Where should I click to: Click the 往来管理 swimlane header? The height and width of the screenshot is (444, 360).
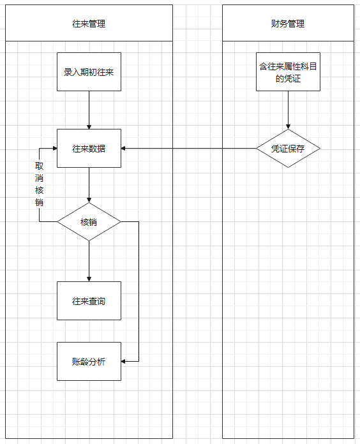coord(89,24)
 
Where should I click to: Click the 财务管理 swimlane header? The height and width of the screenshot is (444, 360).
coord(288,24)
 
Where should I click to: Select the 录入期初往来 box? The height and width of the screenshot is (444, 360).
coord(89,72)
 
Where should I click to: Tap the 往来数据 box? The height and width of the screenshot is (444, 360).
coord(89,149)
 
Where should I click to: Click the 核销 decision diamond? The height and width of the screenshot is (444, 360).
coord(89,222)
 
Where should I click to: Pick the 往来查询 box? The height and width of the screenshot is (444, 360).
coord(89,300)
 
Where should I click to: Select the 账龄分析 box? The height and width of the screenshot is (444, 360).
coord(89,362)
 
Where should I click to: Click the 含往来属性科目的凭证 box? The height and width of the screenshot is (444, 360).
coord(288,72)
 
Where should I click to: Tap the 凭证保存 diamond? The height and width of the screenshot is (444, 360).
coord(288,149)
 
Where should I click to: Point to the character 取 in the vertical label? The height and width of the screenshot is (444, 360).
coord(40,165)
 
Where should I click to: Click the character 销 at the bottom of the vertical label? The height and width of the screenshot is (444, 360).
coord(40,203)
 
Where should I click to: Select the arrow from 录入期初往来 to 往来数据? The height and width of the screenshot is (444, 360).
coord(89,110)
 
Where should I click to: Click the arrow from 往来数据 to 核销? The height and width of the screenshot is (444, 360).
coord(89,185)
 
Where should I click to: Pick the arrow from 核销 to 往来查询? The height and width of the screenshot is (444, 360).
coord(89,261)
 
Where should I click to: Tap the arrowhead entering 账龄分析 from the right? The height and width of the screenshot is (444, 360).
coord(125,362)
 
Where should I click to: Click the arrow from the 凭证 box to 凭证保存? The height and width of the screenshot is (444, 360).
coord(288,110)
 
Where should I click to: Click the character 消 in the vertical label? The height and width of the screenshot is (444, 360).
coord(40,177)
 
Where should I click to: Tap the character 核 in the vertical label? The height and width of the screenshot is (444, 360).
coord(40,190)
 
